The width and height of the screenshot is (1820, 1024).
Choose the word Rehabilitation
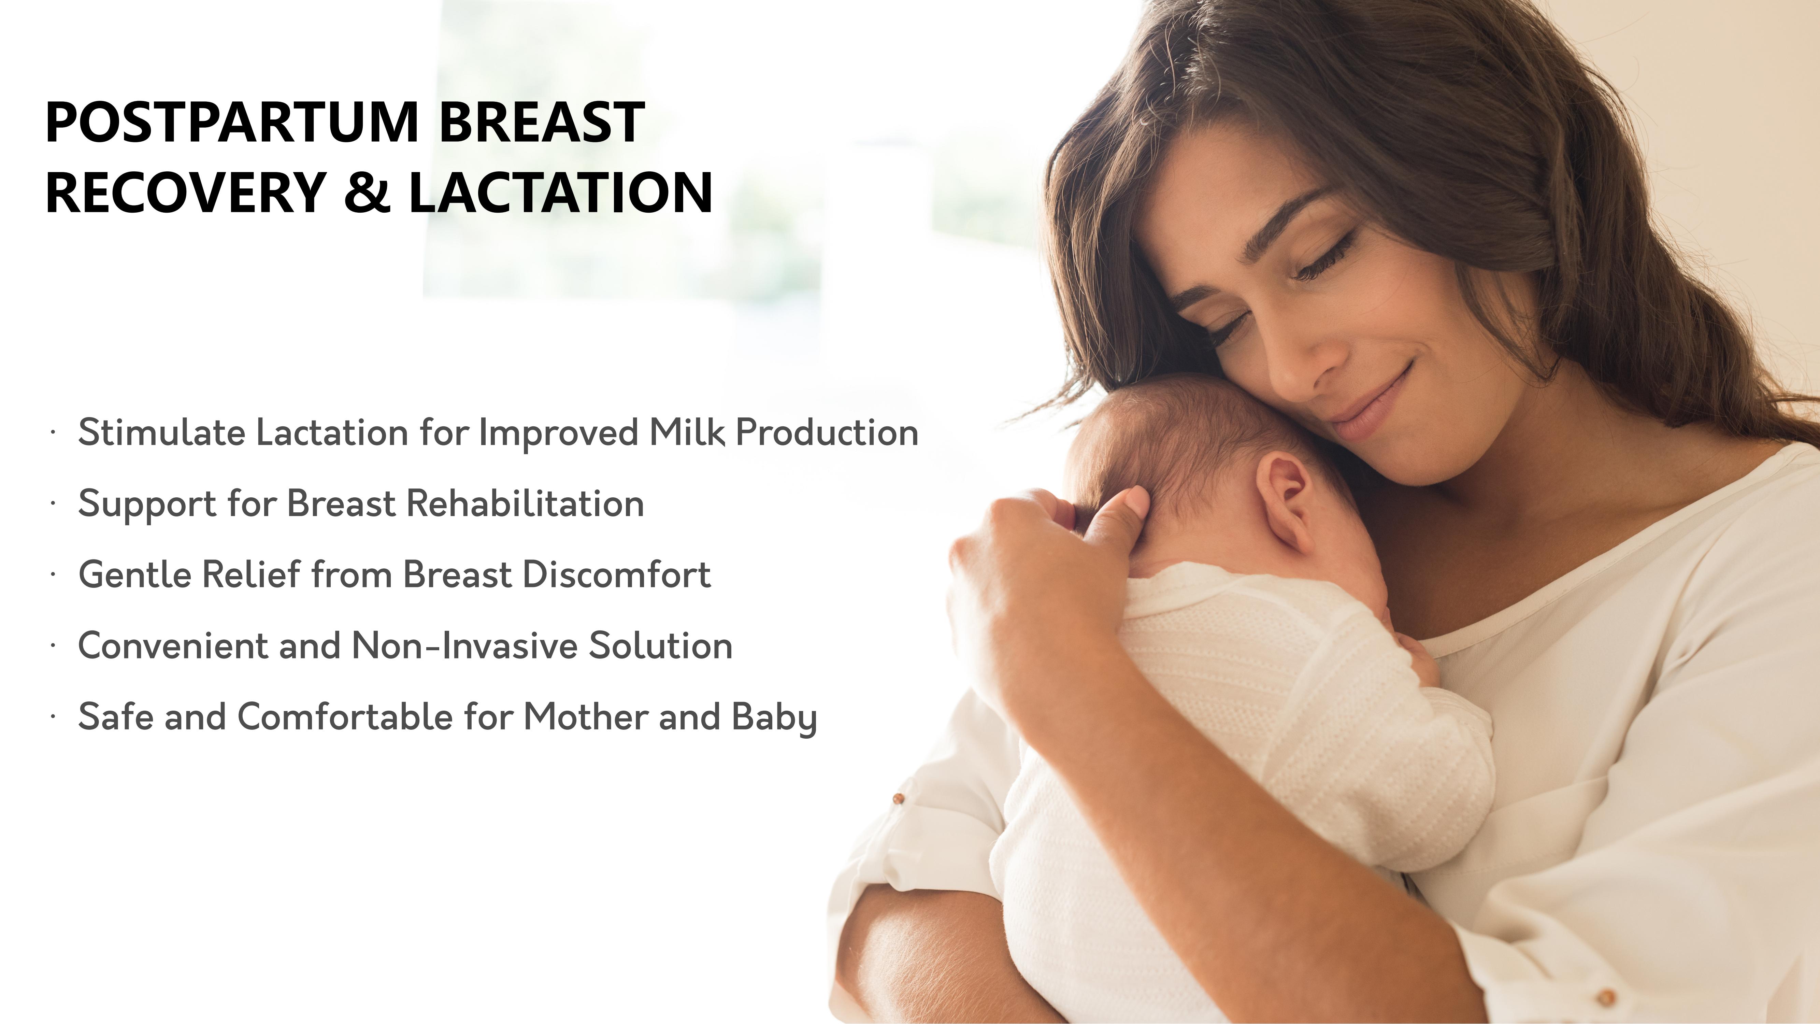tap(525, 503)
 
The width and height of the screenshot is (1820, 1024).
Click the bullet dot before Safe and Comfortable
tap(52, 716)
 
